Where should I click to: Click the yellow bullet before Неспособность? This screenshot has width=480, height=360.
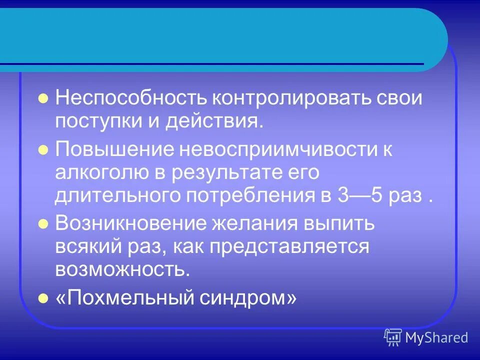pos(43,98)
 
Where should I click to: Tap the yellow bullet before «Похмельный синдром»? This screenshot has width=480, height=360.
pos(43,298)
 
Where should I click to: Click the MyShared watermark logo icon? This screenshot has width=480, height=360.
pos(393,337)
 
